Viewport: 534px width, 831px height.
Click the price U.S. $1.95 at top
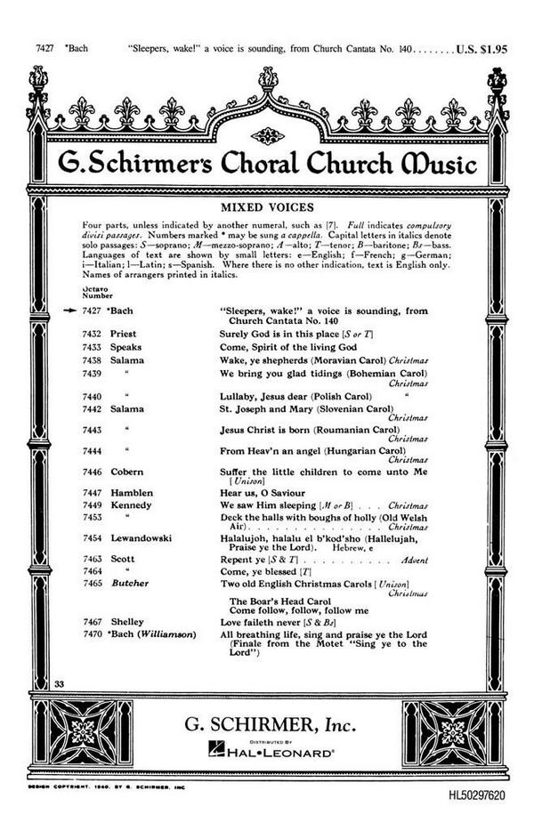point(481,50)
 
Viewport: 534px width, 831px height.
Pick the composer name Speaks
point(126,345)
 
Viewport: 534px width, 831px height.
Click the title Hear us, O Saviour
point(268,492)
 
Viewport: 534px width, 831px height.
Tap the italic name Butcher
point(130,583)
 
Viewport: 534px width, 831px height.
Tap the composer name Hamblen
point(132,492)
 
